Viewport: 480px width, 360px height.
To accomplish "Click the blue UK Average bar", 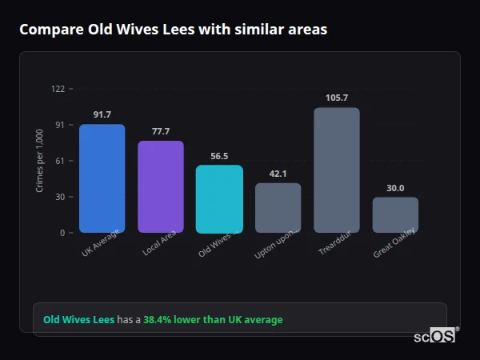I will point(102,178).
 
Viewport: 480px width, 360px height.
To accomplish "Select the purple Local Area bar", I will point(161,186).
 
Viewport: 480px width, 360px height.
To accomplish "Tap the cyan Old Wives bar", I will point(219,199).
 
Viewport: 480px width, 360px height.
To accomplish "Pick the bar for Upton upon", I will point(278,208).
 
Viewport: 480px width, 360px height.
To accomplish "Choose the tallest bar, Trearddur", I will point(337,170).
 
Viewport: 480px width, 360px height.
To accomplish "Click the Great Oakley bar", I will point(395,215).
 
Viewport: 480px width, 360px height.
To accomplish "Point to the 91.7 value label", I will point(102,115).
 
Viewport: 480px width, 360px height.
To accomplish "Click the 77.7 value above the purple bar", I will point(161,131).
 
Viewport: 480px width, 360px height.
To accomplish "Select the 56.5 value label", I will point(219,156).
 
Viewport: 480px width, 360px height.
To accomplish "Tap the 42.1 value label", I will point(278,174).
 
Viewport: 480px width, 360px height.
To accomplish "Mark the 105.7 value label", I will point(337,98).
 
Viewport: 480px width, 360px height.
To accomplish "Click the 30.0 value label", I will point(395,188).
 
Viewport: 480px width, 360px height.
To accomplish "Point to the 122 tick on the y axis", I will point(58,89).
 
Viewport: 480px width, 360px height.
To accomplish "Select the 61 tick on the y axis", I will point(60,161).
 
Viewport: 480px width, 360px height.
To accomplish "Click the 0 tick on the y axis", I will point(62,233).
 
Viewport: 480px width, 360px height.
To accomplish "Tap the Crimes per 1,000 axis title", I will point(40,161).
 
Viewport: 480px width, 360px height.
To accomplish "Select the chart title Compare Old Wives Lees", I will point(173,30).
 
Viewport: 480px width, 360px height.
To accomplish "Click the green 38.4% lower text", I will point(213,320).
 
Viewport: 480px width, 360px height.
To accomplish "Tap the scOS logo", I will point(434,336).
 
